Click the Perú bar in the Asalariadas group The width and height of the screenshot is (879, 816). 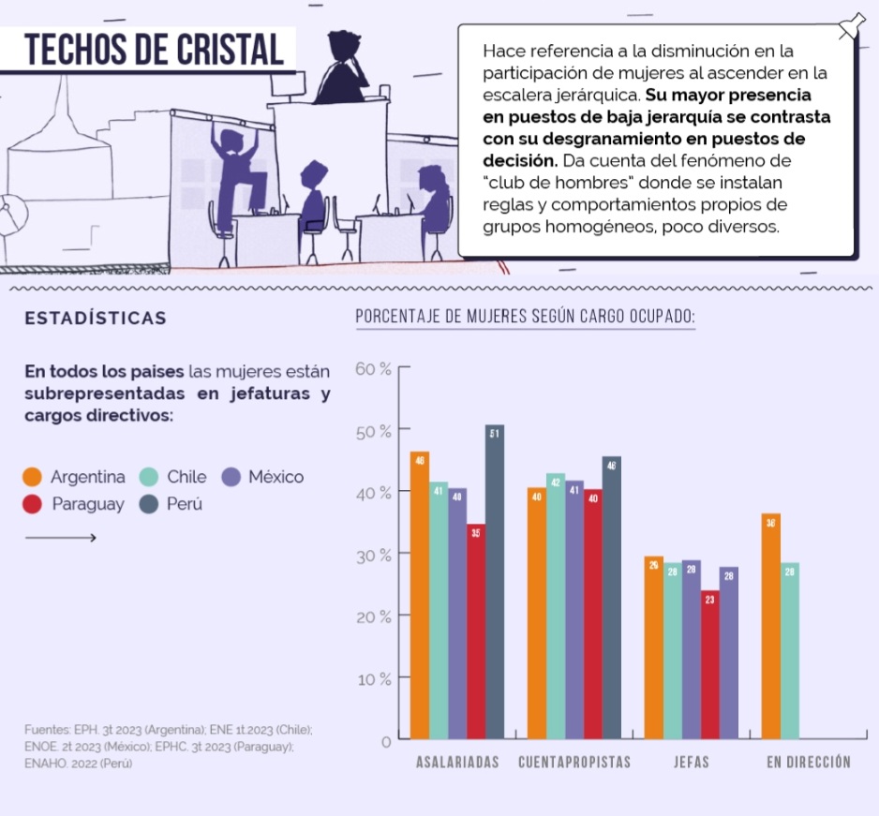point(495,581)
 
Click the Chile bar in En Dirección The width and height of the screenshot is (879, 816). point(789,650)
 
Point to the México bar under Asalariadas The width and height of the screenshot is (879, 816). point(457,613)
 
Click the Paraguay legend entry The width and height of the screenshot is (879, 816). point(75,504)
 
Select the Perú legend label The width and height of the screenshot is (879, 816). point(184,504)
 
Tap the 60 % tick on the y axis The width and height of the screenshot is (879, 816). point(373,368)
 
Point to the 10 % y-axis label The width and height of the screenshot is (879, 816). point(373,678)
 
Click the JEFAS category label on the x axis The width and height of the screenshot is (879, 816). point(692,762)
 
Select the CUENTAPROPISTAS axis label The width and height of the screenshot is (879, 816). point(574,762)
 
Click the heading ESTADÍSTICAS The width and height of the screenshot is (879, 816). point(96,318)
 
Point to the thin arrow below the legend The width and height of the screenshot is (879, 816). point(60,537)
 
